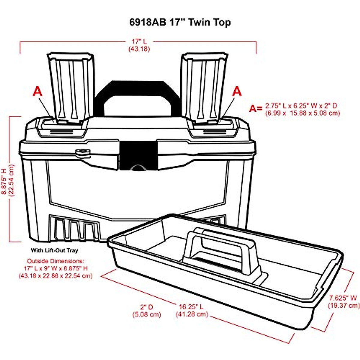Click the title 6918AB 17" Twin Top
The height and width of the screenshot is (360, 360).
[180, 22]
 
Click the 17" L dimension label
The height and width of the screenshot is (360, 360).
[139, 41]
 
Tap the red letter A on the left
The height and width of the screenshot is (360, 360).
[37, 91]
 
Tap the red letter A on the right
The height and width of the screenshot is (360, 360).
[237, 91]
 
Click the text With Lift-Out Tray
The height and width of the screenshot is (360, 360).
[54, 250]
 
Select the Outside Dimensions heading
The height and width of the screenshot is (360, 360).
[55, 261]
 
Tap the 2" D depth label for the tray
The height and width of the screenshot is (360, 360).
[147, 307]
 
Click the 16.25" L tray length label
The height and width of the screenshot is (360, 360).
[191, 307]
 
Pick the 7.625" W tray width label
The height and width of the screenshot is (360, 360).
[343, 298]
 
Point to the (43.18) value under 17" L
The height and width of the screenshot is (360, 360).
[139, 49]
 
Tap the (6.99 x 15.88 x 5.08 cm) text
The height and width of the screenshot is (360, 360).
[302, 113]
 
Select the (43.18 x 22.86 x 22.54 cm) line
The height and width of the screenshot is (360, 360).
[55, 275]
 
